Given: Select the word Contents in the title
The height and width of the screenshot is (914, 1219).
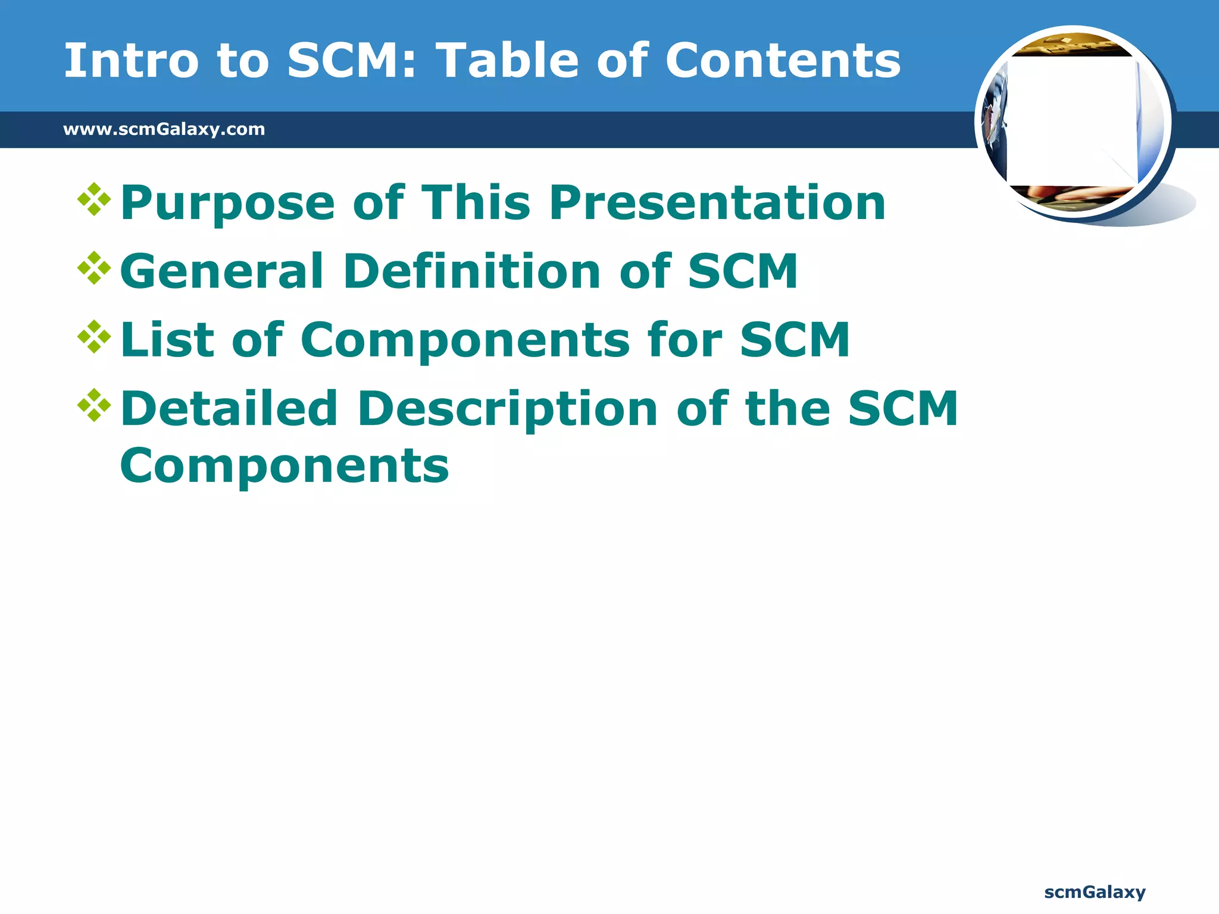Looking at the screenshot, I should pyautogui.click(x=783, y=61).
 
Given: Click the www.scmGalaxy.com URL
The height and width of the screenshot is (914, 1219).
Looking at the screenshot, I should pyautogui.click(x=164, y=129).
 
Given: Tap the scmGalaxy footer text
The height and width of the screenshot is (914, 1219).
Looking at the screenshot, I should pyautogui.click(x=1095, y=892).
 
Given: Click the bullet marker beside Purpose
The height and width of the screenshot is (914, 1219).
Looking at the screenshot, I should pyautogui.click(x=94, y=199).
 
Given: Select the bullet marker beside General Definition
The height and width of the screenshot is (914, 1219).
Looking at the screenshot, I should pyautogui.click(x=94, y=268).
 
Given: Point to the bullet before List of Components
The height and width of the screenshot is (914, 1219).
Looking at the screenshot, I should pyautogui.click(x=94, y=337).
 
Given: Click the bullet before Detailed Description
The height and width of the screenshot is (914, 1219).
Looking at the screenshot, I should pyautogui.click(x=94, y=405).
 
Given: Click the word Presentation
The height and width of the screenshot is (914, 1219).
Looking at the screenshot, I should pyautogui.click(x=717, y=204).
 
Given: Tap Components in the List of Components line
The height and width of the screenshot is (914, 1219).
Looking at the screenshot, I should pyautogui.click(x=465, y=341).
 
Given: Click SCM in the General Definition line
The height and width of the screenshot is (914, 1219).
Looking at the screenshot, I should pyautogui.click(x=742, y=271).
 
